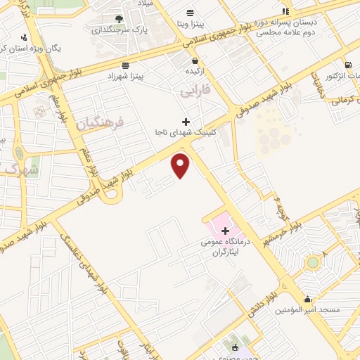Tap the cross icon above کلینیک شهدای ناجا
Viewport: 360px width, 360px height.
(186, 122)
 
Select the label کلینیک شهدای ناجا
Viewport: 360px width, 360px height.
(186, 131)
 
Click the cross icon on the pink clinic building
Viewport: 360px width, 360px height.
(225, 231)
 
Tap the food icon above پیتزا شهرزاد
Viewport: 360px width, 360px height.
(125, 64)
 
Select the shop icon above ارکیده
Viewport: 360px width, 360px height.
(195, 61)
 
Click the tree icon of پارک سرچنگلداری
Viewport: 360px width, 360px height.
(117, 18)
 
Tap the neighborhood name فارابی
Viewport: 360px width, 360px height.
(195, 92)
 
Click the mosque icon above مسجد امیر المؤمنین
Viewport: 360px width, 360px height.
(308, 300)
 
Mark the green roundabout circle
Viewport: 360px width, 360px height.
(312, 263)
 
